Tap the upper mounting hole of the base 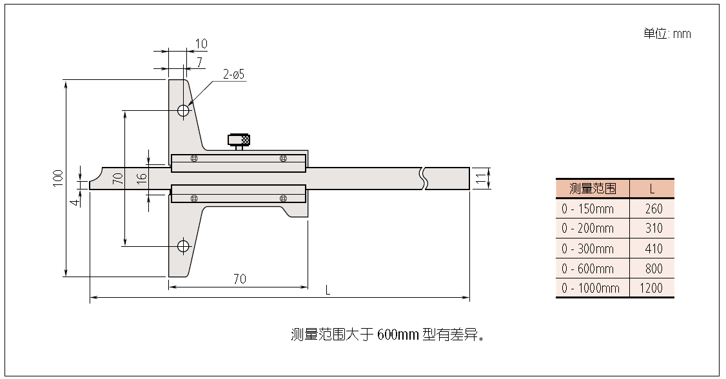(184, 110)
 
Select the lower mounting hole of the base (184, 246)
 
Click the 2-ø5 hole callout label (233, 75)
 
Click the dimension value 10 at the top (201, 44)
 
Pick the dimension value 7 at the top (200, 63)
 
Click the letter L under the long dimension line (328, 291)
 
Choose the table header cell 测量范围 (593, 189)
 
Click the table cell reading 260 (652, 209)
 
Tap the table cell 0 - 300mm (587, 248)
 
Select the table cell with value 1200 (651, 288)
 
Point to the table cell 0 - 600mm (587, 268)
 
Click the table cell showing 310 (652, 228)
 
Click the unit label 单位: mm (667, 34)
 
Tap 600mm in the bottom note (398, 335)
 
